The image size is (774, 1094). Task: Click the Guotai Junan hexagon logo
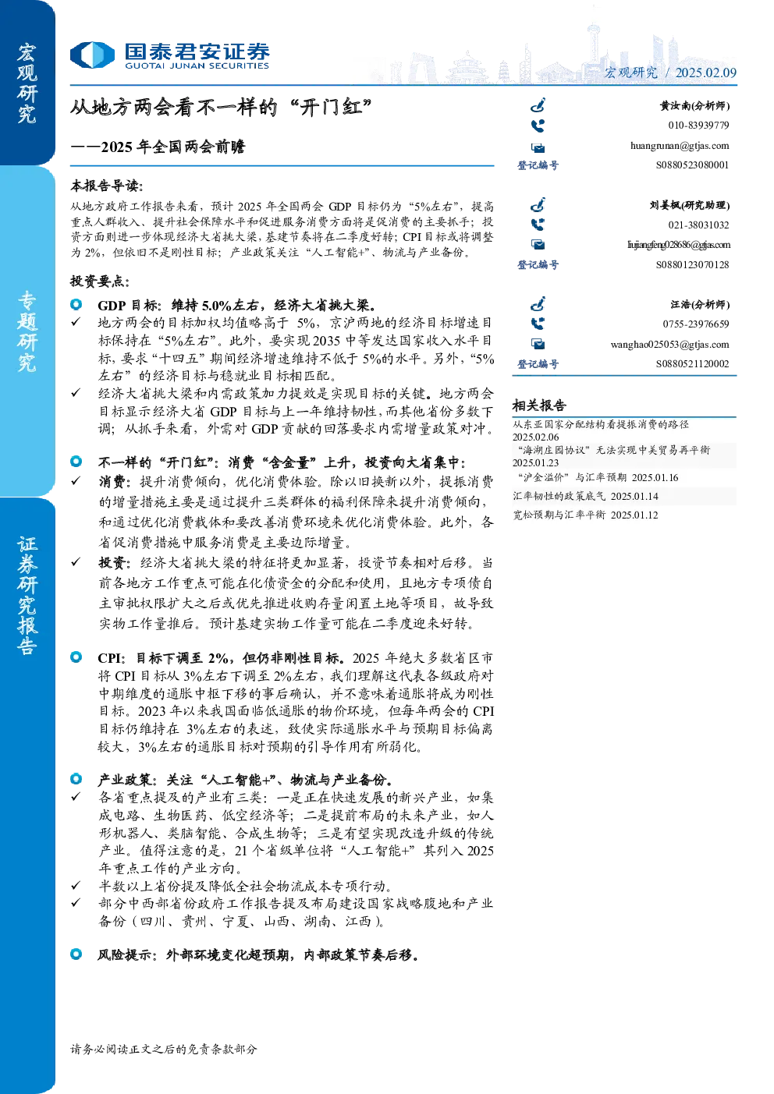[92, 55]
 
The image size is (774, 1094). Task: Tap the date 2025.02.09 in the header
[705, 73]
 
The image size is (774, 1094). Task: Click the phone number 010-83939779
[698, 126]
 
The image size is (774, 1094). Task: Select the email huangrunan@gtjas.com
[680, 146]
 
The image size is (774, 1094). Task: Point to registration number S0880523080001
[692, 165]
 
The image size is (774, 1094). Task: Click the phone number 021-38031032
[698, 225]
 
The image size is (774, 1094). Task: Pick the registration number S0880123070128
[692, 264]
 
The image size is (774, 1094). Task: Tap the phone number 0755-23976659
[695, 324]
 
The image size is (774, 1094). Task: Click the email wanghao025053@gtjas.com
[669, 345]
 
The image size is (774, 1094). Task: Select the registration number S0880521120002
[692, 364]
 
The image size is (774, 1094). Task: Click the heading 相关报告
[539, 405]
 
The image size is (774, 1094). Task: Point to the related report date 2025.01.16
[655, 478]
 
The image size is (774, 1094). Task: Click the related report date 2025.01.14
[634, 496]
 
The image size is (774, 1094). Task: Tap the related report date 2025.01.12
[634, 515]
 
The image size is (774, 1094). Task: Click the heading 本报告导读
[106, 186]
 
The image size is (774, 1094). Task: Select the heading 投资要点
[99, 281]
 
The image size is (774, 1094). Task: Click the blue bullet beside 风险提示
[76, 954]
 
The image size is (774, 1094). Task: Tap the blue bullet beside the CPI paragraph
[76, 657]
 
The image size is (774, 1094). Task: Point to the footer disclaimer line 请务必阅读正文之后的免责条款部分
[163, 1049]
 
